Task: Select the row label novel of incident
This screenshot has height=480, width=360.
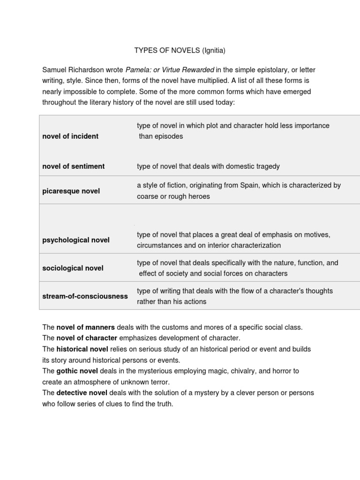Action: pos(70,136)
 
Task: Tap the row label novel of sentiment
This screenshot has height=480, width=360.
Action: pos(74,166)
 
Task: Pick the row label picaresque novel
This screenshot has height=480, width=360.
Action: pos(71,191)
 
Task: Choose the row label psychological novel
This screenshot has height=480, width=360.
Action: pos(76,240)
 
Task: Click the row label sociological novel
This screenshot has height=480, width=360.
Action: pos(73,268)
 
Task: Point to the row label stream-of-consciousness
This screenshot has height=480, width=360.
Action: pos(85,296)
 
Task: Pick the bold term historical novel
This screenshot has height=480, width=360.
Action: pos(82,349)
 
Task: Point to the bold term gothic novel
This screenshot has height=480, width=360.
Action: pos(77,371)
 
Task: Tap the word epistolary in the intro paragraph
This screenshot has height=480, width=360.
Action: pos(271,70)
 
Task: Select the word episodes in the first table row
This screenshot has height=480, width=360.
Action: pos(167,136)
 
